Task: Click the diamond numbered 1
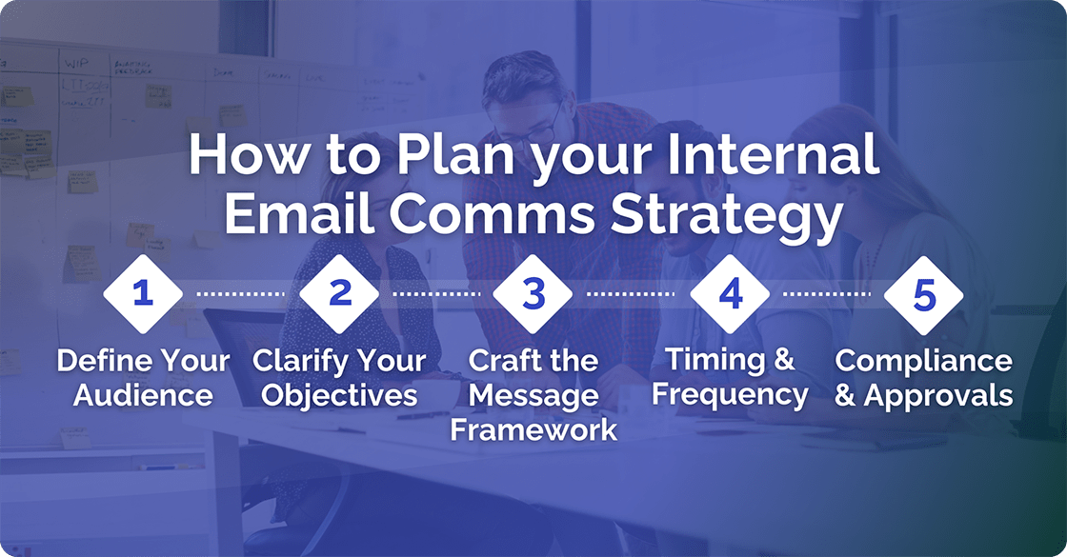(x=143, y=293)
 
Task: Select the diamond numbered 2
(x=340, y=293)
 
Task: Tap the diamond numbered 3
(x=533, y=293)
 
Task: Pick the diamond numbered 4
(x=730, y=293)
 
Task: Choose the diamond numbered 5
(x=924, y=293)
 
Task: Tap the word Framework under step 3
(x=533, y=428)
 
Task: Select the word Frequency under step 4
(x=730, y=394)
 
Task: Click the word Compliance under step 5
(x=924, y=362)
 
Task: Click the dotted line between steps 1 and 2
(x=241, y=294)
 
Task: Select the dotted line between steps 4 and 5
(x=827, y=294)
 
